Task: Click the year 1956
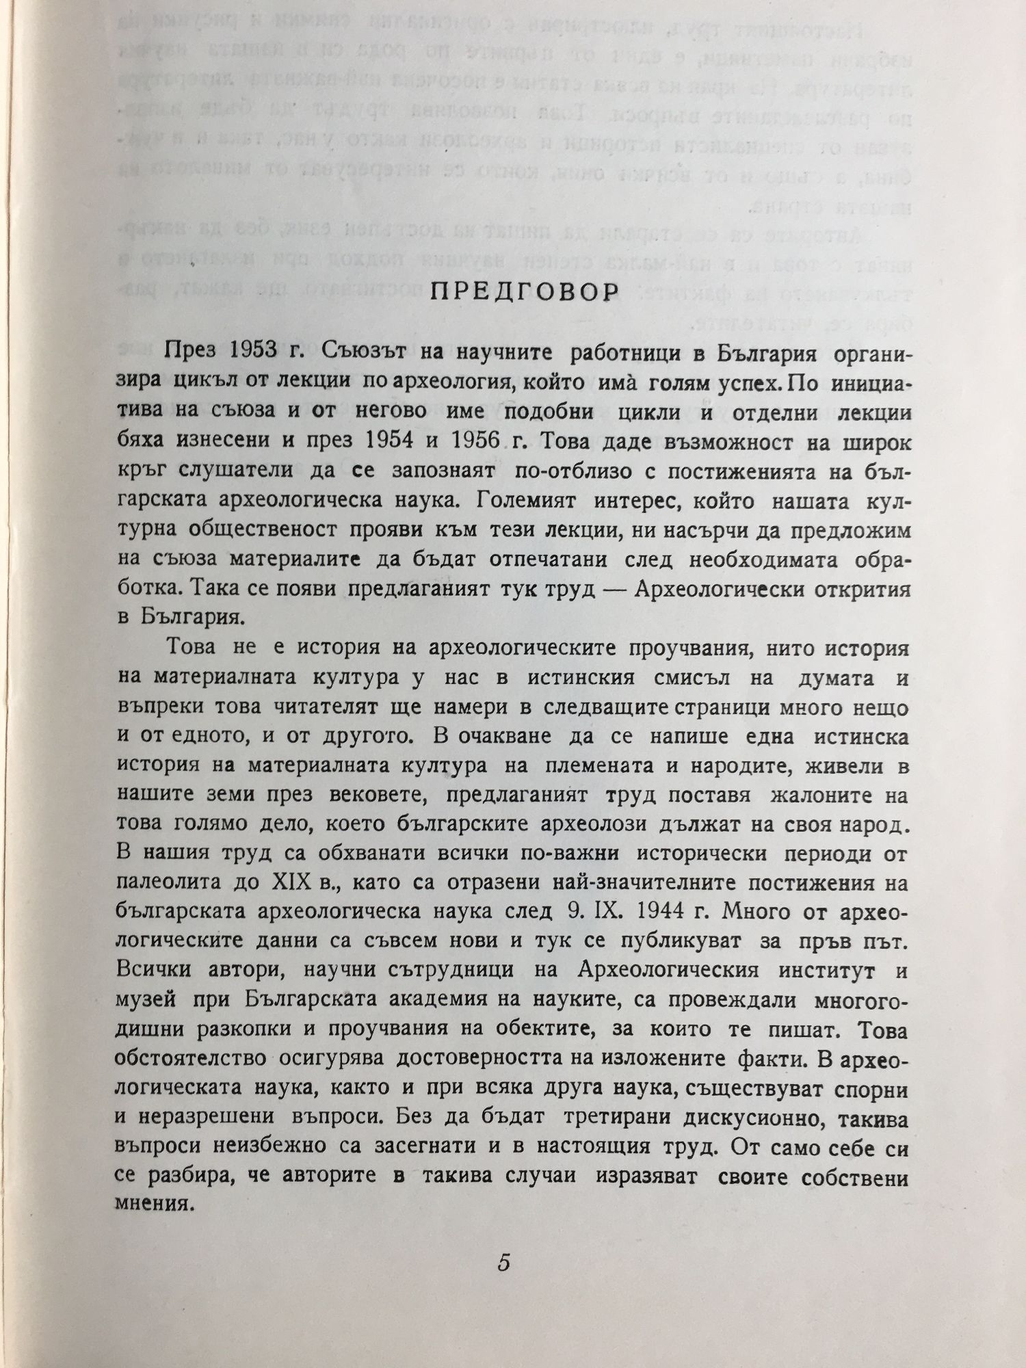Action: click(482, 441)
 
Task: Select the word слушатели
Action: click(237, 471)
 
